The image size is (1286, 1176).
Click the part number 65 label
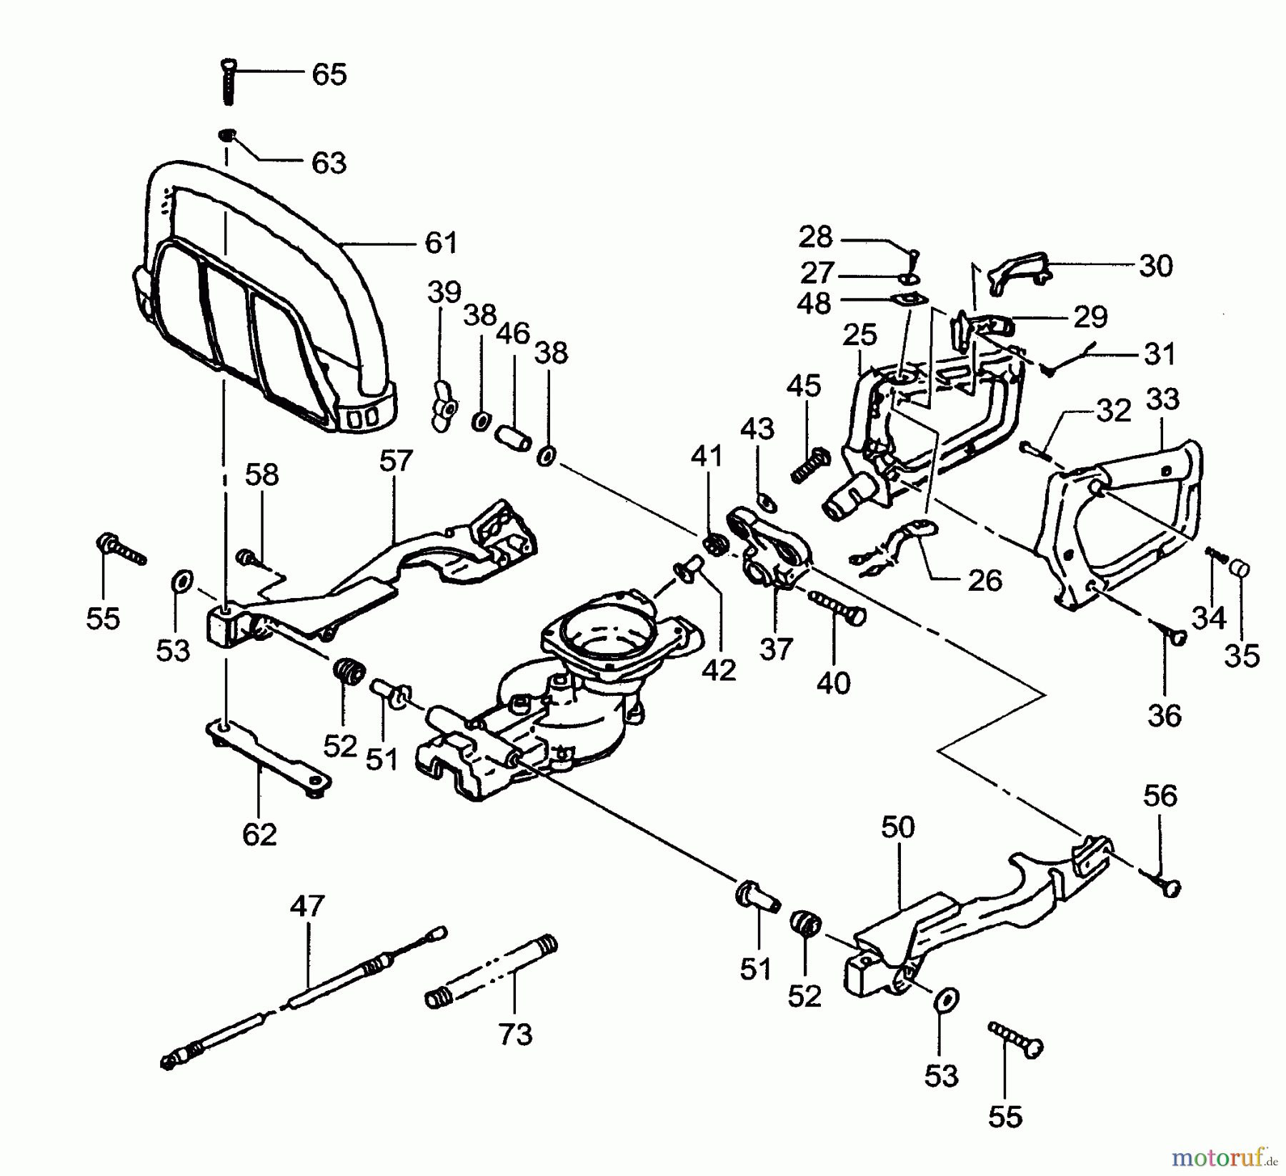click(329, 74)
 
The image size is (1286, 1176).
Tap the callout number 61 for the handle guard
click(441, 243)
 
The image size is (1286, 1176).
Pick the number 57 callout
click(396, 460)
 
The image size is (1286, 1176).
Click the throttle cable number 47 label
click(308, 906)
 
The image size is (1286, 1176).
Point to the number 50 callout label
click(897, 827)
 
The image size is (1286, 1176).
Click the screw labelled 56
click(1169, 886)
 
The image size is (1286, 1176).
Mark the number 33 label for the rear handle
click(1162, 399)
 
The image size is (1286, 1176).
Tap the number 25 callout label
click(859, 334)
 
